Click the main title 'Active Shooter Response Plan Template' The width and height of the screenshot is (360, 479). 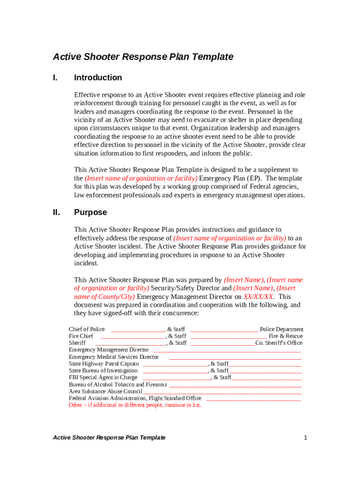pyautogui.click(x=143, y=57)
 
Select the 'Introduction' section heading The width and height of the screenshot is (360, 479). pyautogui.click(x=98, y=78)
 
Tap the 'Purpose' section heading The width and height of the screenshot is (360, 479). pyautogui.click(x=90, y=212)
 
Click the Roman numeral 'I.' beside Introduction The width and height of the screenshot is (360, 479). pyautogui.click(x=55, y=78)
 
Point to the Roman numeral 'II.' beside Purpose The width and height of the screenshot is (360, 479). pyautogui.click(x=57, y=212)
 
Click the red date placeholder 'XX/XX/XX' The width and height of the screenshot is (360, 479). pyautogui.click(x=258, y=297)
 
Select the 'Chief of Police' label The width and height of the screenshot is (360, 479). pyautogui.click(x=87, y=329)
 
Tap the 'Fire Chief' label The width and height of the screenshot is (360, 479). pyautogui.click(x=81, y=336)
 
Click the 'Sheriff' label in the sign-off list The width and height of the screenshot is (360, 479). pyautogui.click(x=77, y=343)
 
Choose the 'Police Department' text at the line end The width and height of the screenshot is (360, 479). pyautogui.click(x=281, y=329)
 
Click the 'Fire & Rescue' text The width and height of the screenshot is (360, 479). pyautogui.click(x=285, y=336)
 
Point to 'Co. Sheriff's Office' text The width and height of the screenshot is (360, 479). pyautogui.click(x=279, y=343)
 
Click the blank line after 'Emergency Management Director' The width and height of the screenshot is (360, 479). pyautogui.click(x=227, y=350)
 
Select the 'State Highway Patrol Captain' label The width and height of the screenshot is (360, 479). pyautogui.click(x=104, y=363)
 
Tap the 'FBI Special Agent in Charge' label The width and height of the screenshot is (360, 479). pyautogui.click(x=103, y=377)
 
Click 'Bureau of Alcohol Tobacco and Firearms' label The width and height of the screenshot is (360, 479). pyautogui.click(x=118, y=385)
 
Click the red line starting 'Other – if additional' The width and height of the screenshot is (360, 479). pyautogui.click(x=135, y=405)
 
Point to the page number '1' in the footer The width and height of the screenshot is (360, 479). pyautogui.click(x=305, y=438)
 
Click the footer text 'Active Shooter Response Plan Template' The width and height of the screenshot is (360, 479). pyautogui.click(x=109, y=438)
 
